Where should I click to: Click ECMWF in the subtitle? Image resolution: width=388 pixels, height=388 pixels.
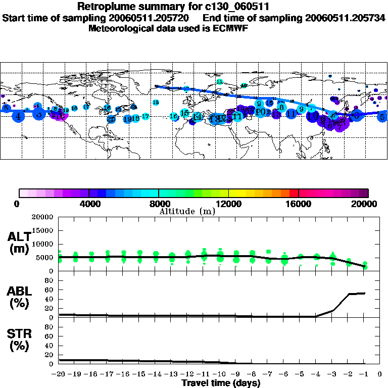(230, 28)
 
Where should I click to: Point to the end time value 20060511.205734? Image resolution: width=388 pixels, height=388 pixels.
(346, 18)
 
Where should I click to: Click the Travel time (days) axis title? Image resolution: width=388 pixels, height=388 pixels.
(221, 383)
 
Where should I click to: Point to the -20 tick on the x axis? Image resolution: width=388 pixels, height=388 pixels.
(59, 374)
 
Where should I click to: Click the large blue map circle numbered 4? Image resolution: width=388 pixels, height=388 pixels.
(19, 117)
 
